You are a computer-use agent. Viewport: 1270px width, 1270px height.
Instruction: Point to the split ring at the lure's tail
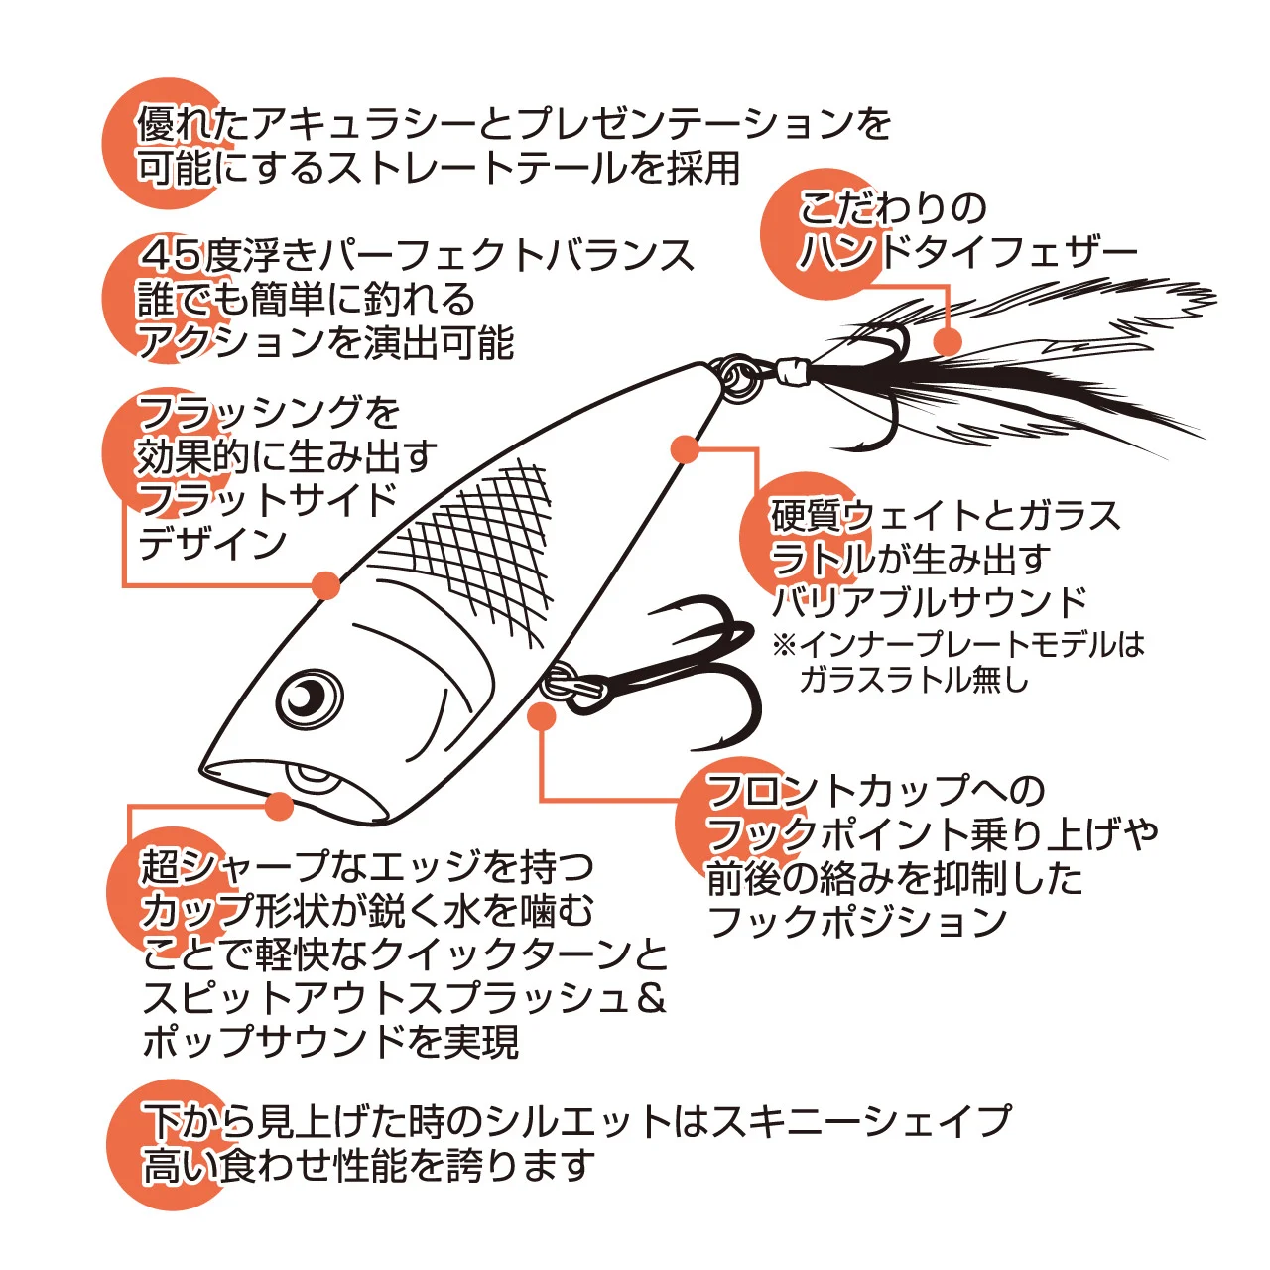pos(739,380)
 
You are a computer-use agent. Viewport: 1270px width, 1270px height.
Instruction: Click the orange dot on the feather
pos(949,341)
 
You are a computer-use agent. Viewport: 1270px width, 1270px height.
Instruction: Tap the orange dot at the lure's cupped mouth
pos(279,805)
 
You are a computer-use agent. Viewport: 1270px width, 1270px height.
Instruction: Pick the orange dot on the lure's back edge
pos(686,449)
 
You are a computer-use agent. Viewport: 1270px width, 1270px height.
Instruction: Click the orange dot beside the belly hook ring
pos(542,717)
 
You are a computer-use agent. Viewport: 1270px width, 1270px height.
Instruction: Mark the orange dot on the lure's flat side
pos(325,585)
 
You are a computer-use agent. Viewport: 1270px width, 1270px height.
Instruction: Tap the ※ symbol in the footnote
pos(785,645)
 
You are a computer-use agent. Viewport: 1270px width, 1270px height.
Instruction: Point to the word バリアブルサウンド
pos(930,601)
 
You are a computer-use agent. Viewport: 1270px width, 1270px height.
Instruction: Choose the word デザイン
pos(212,544)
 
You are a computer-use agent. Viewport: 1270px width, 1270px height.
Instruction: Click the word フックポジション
pos(857,921)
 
